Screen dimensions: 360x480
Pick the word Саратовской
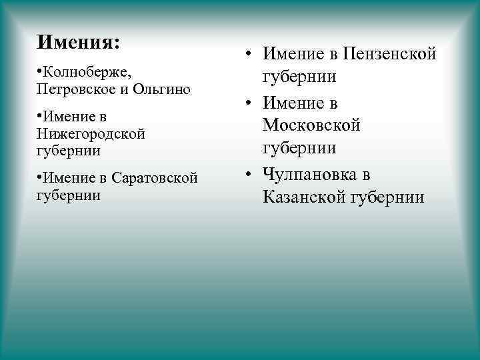[x=155, y=178]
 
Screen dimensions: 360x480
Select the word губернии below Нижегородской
[x=69, y=151]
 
